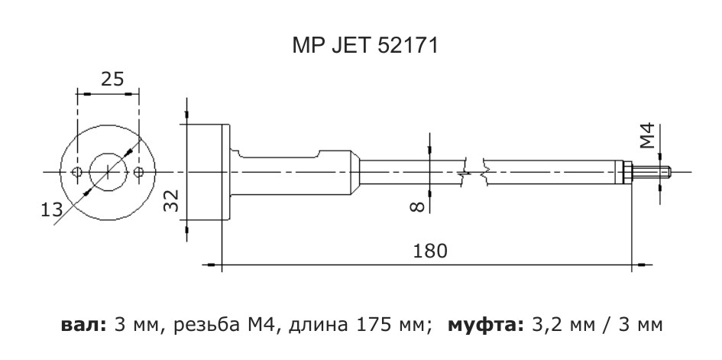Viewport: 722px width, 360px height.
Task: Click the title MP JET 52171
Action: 364,47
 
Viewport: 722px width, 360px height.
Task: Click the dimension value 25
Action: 112,79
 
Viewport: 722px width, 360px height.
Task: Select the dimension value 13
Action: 51,210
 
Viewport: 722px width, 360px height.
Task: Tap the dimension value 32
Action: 173,202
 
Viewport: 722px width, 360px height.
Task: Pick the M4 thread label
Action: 647,136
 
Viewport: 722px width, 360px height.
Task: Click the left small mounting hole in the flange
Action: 76,171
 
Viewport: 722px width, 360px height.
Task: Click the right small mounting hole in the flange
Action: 138,171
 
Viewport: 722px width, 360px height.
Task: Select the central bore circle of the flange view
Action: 108,171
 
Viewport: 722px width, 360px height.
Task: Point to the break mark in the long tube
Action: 474,171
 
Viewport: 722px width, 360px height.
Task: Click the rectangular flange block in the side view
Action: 205,171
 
